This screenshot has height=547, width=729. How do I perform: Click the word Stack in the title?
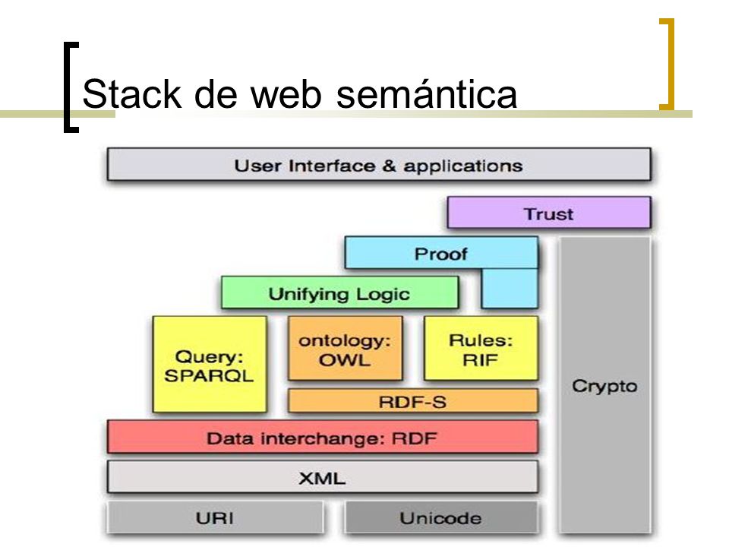pos(131,94)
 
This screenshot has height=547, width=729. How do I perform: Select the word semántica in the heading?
pos(426,94)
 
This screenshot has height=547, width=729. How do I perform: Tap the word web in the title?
pos(286,94)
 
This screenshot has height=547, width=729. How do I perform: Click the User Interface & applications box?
pos(379,165)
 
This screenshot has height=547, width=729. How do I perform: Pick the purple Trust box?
pos(549,213)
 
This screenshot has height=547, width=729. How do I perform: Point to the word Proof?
pos(440,254)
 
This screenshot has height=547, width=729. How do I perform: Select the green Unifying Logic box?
pos(340,292)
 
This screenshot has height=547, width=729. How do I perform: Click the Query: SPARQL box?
pos(210,364)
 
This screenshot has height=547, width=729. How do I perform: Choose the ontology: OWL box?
pos(345,349)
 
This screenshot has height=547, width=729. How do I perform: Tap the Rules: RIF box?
pos(481,349)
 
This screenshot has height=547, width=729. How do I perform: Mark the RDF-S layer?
pos(413,401)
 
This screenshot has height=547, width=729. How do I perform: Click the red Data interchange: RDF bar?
pos(323,437)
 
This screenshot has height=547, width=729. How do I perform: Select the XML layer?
pos(323,477)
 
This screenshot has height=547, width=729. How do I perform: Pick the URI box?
pos(215,517)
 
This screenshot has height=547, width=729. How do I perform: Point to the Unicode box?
pos(441,517)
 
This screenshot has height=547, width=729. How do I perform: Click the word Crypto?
pos(604,386)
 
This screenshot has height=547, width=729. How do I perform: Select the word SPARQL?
pos(210,375)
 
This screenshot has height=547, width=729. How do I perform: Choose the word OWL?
pos(345,359)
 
